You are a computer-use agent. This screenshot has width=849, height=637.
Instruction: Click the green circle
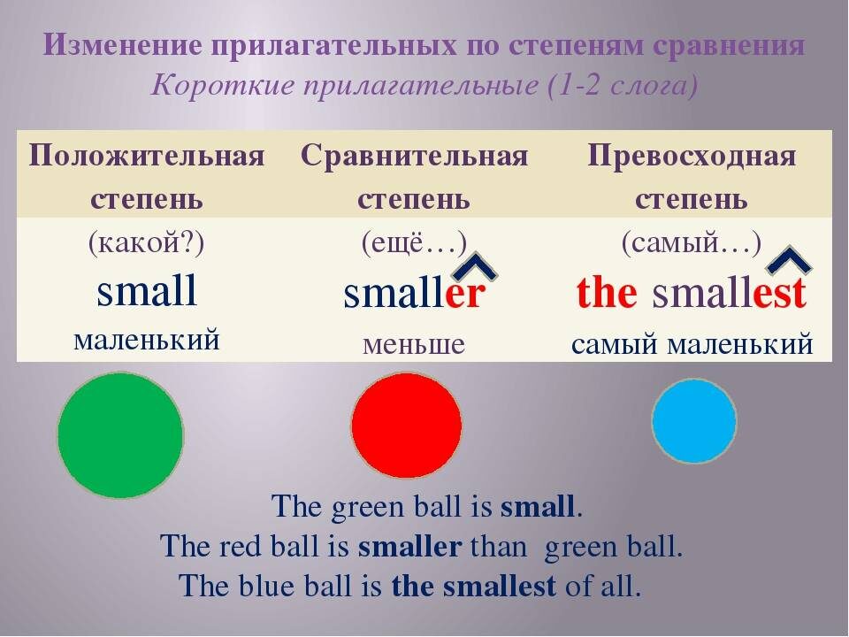coord(120,435)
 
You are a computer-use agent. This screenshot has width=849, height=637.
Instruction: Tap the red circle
coord(407,426)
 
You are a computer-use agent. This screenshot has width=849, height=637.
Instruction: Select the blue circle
coord(694,421)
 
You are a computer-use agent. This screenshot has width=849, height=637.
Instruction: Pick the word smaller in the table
coord(415,294)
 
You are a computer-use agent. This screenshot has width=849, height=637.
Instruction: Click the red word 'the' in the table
coord(607,294)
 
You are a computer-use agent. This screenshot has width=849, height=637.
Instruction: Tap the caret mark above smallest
coord(789,260)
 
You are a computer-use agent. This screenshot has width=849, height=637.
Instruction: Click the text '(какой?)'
coord(147,243)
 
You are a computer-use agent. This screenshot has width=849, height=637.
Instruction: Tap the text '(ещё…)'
coord(414,243)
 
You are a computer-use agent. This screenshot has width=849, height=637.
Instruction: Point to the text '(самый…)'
coord(692,243)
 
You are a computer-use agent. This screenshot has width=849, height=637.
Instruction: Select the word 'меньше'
coord(414,343)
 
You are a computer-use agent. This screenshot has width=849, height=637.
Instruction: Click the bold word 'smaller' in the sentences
coord(410,547)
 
